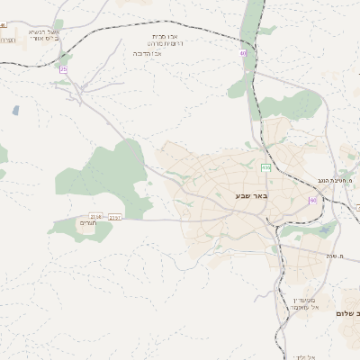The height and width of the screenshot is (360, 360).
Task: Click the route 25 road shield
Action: click(63, 69)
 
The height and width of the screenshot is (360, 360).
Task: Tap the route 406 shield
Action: click(265, 168)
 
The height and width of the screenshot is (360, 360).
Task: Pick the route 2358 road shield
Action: click(96, 216)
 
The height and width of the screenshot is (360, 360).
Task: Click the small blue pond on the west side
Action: click(15, 111)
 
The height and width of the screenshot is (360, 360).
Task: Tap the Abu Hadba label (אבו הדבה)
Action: click(166, 52)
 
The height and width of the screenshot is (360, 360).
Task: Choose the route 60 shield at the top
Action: click(243, 53)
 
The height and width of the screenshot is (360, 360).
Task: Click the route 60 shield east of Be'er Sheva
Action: click(312, 200)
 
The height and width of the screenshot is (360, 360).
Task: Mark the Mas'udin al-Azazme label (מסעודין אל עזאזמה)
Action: click(303, 302)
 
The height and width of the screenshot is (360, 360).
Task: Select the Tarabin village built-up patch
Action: click(87, 224)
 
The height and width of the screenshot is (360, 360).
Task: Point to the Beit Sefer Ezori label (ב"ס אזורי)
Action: click(42, 40)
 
